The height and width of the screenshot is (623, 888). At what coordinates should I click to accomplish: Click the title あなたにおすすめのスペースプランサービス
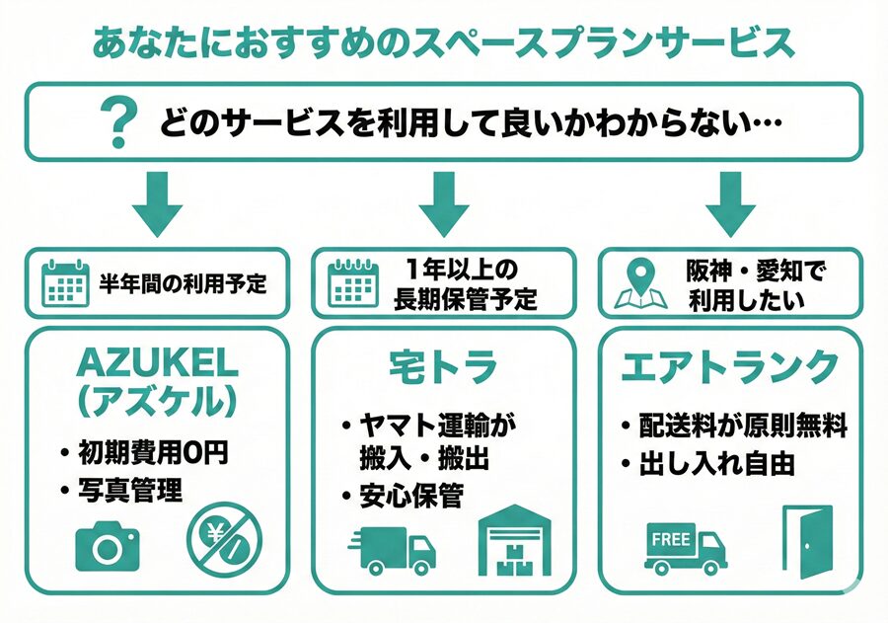pyautogui.click(x=443, y=42)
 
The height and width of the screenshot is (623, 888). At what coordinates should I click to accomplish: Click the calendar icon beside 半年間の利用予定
pyautogui.click(x=65, y=282)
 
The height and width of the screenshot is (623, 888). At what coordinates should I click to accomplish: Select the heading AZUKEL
pyautogui.click(x=157, y=363)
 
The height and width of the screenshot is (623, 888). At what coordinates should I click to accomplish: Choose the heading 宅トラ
pyautogui.click(x=443, y=367)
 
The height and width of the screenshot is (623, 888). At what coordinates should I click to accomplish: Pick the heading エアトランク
pyautogui.click(x=729, y=367)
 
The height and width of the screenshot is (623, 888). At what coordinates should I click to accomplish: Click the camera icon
pyautogui.click(x=108, y=545)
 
